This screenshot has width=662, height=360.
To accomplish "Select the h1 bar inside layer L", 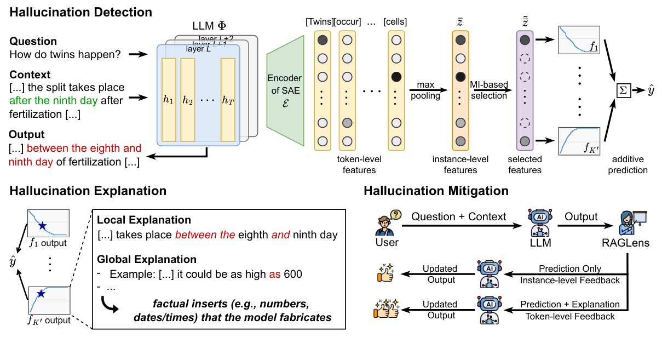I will [169, 101].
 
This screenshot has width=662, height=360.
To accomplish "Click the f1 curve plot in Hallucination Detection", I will [579, 39].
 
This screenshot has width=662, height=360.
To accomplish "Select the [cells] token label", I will [395, 22].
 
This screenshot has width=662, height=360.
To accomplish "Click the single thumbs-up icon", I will [384, 274].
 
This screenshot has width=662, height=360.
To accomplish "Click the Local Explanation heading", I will [144, 220].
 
